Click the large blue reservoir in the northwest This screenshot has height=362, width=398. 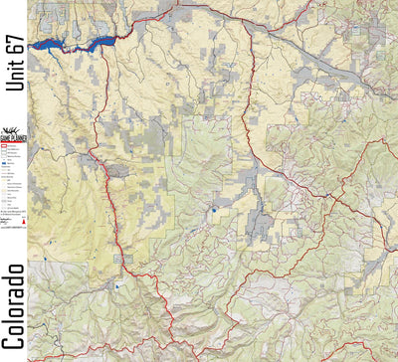[x=60, y=44]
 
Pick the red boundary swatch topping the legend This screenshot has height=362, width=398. [x=5, y=145]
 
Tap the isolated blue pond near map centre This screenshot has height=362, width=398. [x=213, y=210]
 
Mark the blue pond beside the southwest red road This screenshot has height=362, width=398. [x=116, y=285]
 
